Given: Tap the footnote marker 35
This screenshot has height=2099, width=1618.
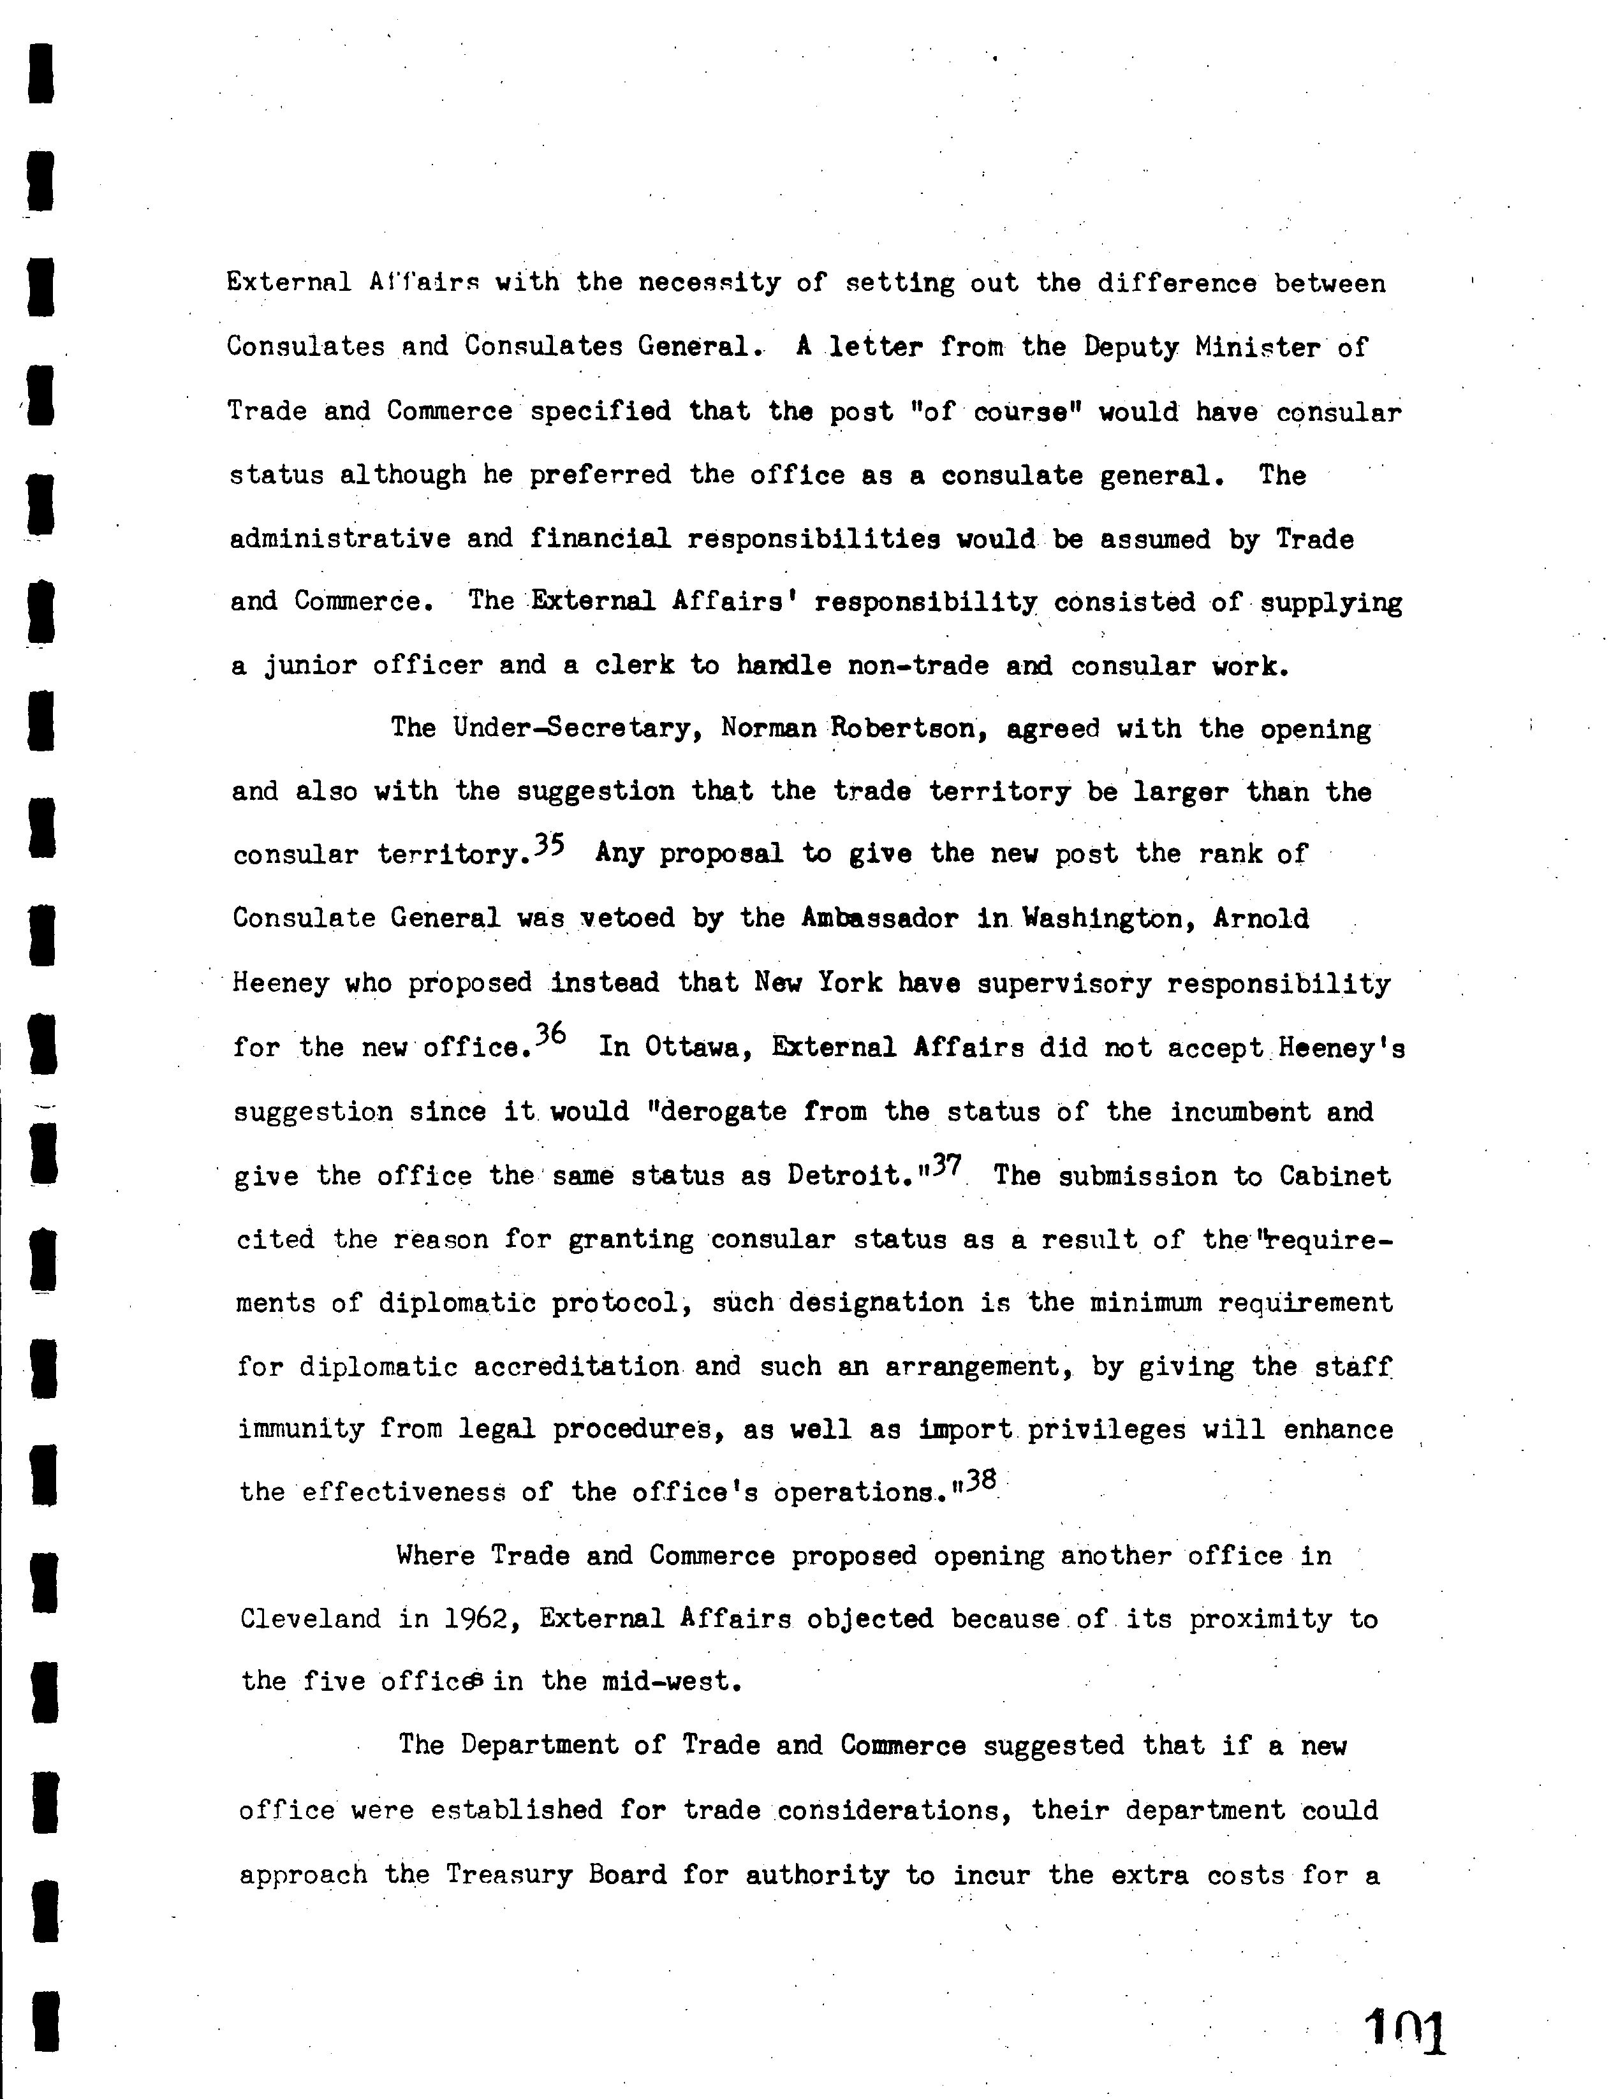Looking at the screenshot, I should point(550,845).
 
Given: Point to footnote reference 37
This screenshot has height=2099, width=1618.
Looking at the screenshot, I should point(946,1165).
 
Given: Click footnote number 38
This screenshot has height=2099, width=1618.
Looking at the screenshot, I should point(981,1481).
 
